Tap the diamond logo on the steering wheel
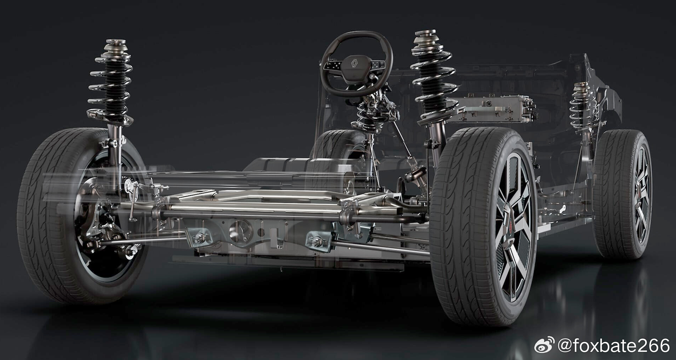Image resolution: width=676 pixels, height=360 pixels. pyautogui.click(x=354, y=64)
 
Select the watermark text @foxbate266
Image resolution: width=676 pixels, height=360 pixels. pyautogui.click(x=614, y=345)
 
